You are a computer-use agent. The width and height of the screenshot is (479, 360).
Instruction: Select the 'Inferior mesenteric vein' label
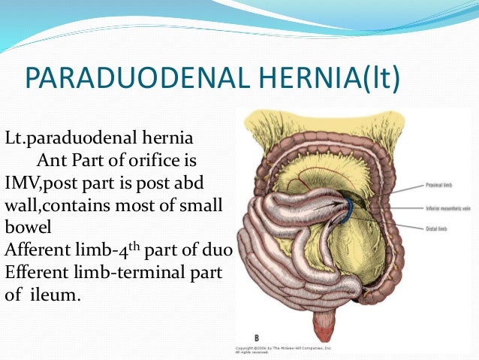[448, 207]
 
